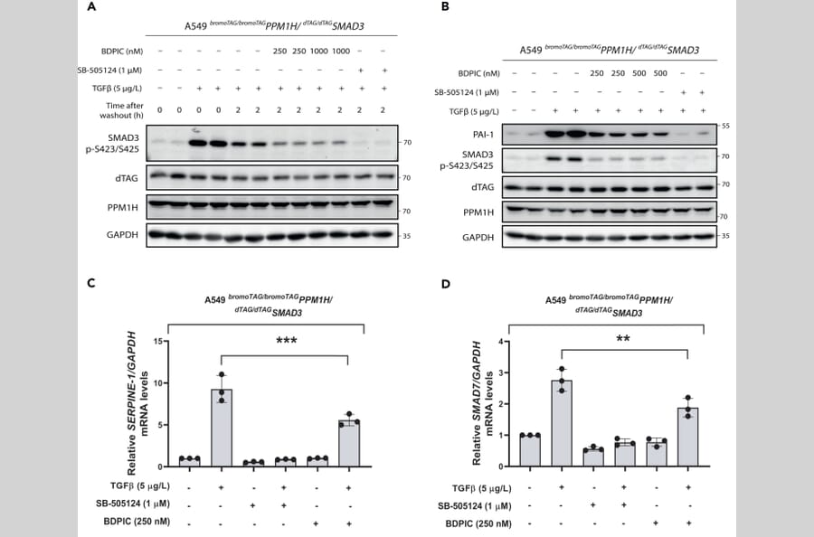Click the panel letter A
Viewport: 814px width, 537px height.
point(91,7)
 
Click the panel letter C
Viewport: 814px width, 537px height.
point(91,284)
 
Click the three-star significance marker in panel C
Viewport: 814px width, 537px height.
point(286,341)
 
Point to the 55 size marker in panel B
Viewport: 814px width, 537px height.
point(724,126)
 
